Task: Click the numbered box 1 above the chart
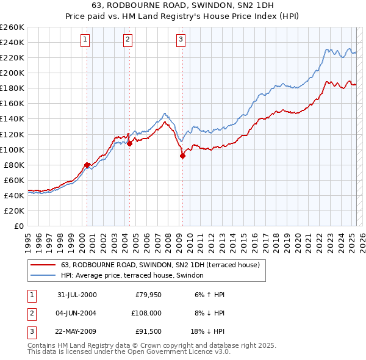pos(84,40)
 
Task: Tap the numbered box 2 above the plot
pos(127,40)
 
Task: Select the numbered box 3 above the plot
pos(181,40)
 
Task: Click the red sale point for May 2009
pos(182,156)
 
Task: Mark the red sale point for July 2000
pos(87,165)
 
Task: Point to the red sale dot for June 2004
pos(129,143)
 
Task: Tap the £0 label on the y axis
pos(18,226)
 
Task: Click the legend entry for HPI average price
pos(132,276)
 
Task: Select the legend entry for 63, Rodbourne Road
pos(160,265)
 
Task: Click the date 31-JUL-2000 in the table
pos(77,295)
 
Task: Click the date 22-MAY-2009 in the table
pos(77,333)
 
